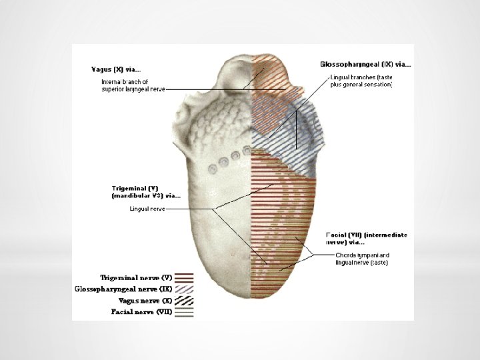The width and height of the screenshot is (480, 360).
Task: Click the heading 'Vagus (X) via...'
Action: point(116,68)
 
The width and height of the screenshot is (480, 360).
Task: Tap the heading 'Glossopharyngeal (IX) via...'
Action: point(365,65)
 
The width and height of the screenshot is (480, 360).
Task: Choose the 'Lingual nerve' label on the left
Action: point(147,209)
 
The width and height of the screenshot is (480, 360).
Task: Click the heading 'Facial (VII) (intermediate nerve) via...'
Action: point(366,239)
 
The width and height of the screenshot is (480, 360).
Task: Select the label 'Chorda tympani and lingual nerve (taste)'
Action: point(362,259)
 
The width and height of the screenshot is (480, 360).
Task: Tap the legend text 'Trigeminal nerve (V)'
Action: point(136,277)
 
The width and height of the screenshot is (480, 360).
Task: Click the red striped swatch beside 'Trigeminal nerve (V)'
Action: point(185,277)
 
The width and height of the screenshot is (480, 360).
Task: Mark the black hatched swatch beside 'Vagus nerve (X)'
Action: point(185,300)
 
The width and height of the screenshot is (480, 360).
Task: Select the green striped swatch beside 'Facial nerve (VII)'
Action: point(185,311)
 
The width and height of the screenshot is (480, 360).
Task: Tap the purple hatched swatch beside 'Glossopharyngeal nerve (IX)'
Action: point(185,289)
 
